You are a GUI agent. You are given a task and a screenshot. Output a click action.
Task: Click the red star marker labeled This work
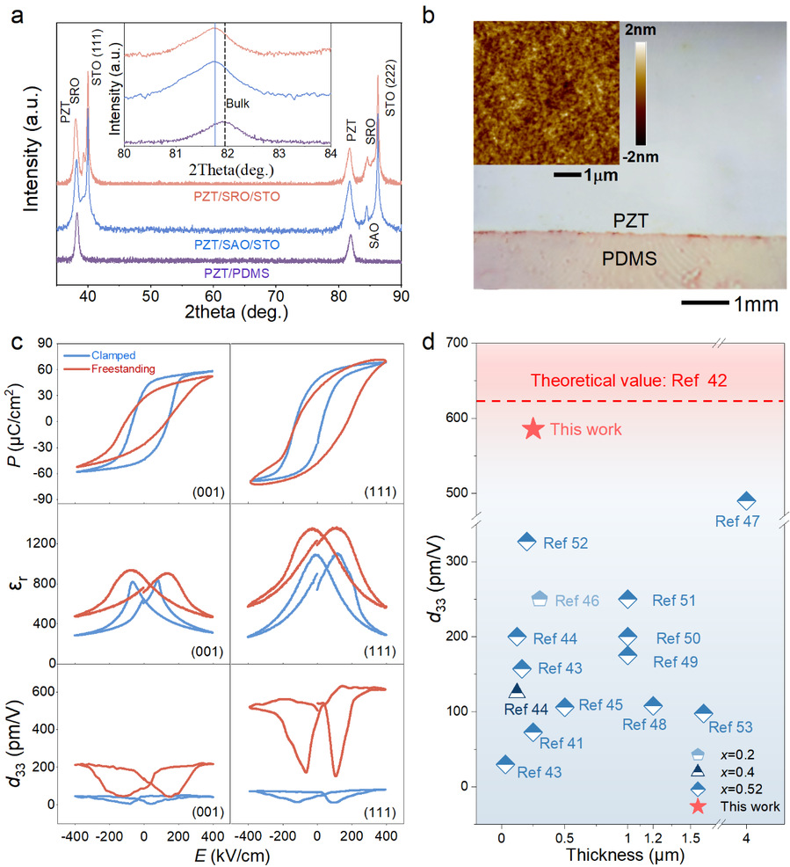tap(533, 429)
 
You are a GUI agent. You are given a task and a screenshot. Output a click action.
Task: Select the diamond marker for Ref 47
tap(746, 501)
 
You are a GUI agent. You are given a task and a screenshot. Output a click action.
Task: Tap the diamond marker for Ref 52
tap(526, 542)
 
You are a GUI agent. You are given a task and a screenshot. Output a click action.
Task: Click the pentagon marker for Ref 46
tap(540, 599)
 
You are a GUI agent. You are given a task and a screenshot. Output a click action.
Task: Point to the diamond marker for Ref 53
tap(703, 714)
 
